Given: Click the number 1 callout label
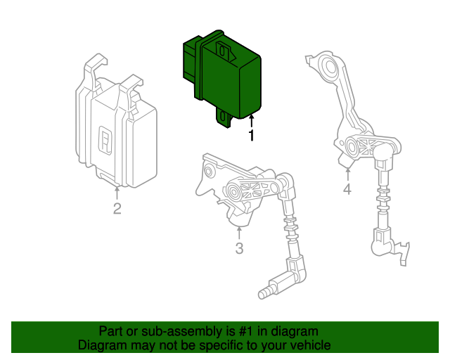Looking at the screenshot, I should pyautogui.click(x=251, y=136).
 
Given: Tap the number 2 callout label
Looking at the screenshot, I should pyautogui.click(x=117, y=208).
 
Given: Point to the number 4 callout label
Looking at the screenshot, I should pyautogui.click(x=347, y=190).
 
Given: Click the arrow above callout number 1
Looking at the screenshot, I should pyautogui.click(x=251, y=121).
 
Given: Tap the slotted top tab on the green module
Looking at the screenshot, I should pyautogui.click(x=224, y=50).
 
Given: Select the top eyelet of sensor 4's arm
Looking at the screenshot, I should pyautogui.click(x=327, y=68).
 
